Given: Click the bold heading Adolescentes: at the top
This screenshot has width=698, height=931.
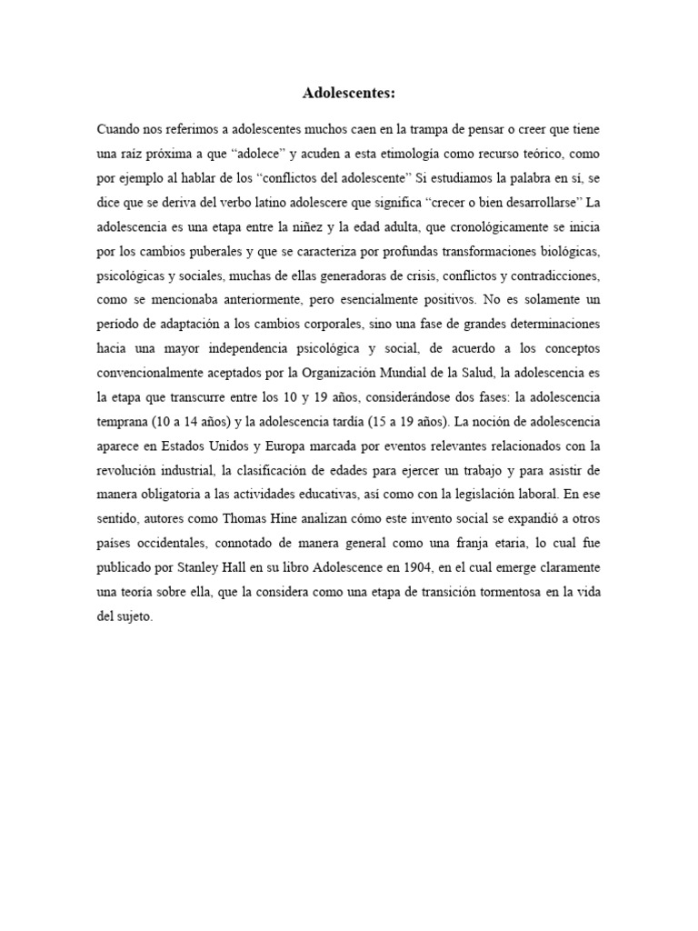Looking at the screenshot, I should point(349,93).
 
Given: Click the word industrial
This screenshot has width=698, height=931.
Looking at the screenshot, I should point(190,471).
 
